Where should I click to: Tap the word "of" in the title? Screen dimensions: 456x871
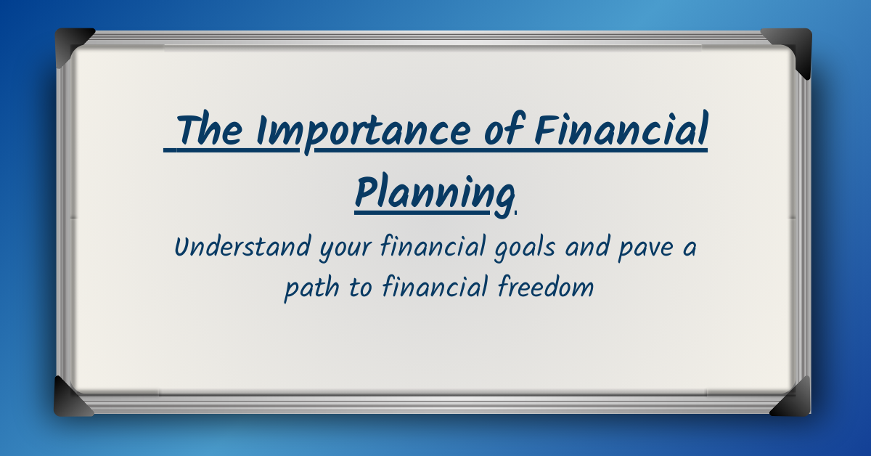[x=502, y=131]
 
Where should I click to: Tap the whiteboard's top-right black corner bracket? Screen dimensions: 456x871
[x=792, y=47]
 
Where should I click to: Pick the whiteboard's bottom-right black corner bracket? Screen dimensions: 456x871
[x=793, y=399]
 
